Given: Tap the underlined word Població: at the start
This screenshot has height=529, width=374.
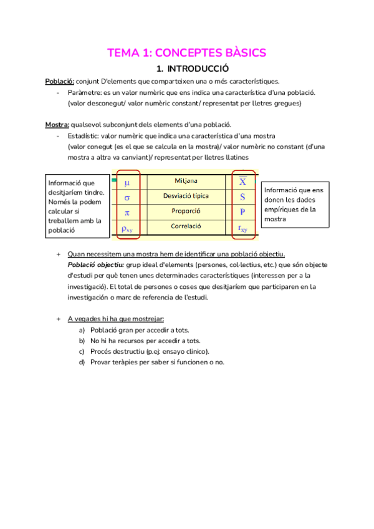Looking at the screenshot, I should [60, 82].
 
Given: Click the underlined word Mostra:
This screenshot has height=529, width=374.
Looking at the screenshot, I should [57, 124].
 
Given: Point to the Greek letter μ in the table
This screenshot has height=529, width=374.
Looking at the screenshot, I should [127, 183].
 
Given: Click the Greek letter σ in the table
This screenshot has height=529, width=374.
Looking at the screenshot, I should [127, 197].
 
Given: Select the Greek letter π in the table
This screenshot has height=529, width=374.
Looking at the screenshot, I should [127, 212].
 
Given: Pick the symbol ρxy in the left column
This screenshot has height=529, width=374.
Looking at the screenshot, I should [127, 228].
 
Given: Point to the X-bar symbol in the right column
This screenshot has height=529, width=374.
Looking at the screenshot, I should [242, 182].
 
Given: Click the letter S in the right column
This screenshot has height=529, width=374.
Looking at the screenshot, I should [242, 197].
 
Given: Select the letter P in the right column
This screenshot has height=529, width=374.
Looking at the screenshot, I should [242, 212].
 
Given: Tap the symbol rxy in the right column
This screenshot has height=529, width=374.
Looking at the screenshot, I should [242, 228].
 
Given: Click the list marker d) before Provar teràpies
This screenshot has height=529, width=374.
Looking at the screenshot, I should [82, 362].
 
